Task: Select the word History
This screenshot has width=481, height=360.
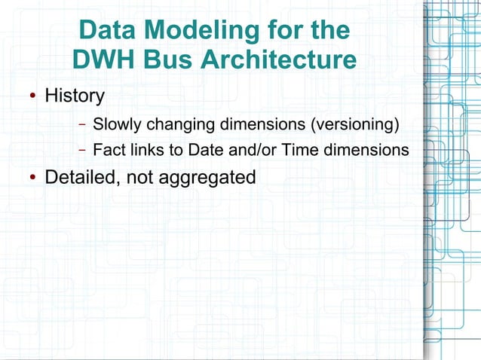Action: pos(75,96)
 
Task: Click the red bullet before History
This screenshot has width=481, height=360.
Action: pos(33,97)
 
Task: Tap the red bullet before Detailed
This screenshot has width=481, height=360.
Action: pos(33,178)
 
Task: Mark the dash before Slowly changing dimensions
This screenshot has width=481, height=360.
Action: pos(82,124)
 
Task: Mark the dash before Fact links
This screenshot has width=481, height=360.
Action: pos(82,151)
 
